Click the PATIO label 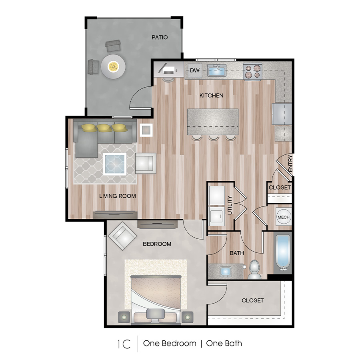pyautogui.click(x=159, y=38)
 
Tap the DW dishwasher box pyautogui.click(x=194, y=71)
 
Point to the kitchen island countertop pyautogui.click(x=212, y=122)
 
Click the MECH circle pyautogui.click(x=284, y=217)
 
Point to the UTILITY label pyautogui.click(x=230, y=205)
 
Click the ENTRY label pyautogui.click(x=290, y=164)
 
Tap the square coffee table pyautogui.click(x=115, y=164)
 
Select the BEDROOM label pyautogui.click(x=157, y=244)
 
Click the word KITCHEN pyautogui.click(x=212, y=96)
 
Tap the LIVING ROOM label pyautogui.click(x=118, y=196)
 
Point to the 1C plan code pyautogui.click(x=124, y=344)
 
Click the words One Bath pyautogui.click(x=224, y=343)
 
